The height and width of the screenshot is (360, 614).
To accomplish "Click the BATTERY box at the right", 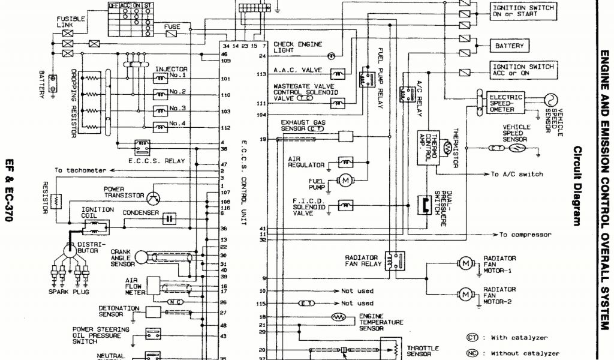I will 509,46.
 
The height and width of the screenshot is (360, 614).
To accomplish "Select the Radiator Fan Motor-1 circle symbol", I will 465,263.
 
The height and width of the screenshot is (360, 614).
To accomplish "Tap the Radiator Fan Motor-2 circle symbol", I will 465,293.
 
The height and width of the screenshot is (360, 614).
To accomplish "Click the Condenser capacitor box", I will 170,218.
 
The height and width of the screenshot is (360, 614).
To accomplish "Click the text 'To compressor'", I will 525,235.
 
